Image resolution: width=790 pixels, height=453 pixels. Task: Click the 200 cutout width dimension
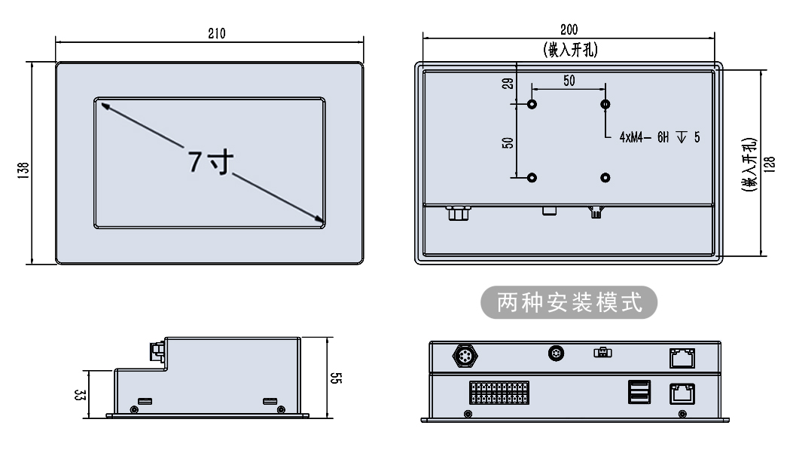569,30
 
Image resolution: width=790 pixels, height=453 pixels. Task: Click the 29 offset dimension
506,84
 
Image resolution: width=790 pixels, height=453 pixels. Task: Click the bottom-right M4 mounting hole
605,177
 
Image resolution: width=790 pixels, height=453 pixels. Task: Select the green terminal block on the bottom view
497,393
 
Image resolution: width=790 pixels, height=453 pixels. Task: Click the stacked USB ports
638,392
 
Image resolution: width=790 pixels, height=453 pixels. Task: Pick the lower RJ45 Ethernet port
682,392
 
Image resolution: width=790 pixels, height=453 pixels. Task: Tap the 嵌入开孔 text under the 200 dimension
569,50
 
